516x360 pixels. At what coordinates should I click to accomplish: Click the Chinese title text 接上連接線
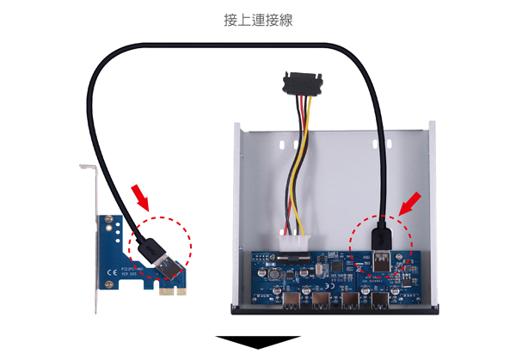(x=257, y=18)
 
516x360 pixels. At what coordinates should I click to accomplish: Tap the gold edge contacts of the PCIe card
(x=175, y=292)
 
